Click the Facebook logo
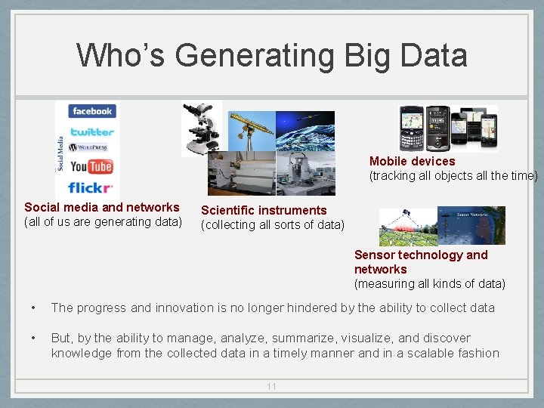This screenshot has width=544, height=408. (x=92, y=112)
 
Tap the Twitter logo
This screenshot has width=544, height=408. (x=92, y=131)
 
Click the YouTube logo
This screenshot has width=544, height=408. (x=91, y=167)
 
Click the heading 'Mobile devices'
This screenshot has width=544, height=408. (x=412, y=161)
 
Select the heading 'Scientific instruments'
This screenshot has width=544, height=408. (x=264, y=211)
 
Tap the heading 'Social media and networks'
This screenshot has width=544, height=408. (x=102, y=207)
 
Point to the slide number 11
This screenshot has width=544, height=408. (x=271, y=387)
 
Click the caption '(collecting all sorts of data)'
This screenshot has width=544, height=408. (x=272, y=225)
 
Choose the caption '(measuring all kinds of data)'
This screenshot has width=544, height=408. (x=430, y=284)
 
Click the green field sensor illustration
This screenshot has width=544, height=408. (x=408, y=227)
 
